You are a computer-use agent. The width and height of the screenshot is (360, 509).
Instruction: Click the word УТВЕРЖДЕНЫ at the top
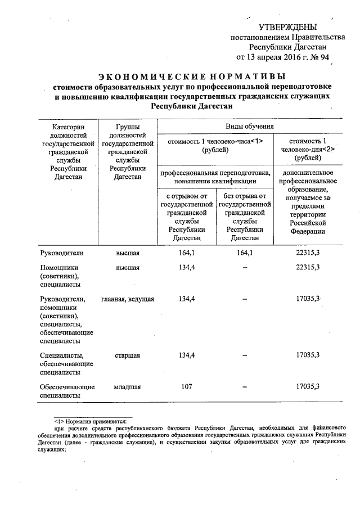pos(287,27)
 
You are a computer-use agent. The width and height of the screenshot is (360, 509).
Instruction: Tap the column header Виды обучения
pos(249,127)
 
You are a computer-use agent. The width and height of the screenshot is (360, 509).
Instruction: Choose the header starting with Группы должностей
pos(127,152)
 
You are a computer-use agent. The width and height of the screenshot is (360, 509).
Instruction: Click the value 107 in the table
pos(187,387)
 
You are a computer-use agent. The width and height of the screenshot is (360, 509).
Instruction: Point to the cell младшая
pos(127,387)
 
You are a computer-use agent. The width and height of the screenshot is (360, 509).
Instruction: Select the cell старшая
pos(127,355)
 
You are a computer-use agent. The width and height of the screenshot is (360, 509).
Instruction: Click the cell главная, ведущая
pos(128,299)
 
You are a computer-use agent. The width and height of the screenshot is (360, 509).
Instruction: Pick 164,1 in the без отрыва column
pos(245,253)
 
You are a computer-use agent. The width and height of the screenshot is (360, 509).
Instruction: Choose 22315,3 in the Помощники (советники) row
pos(307,267)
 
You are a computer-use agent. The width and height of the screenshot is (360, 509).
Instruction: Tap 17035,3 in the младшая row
pos(307,387)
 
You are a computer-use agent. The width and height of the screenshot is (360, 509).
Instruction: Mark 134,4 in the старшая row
pos(187,355)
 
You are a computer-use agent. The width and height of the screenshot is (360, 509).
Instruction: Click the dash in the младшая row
pos(245,388)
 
